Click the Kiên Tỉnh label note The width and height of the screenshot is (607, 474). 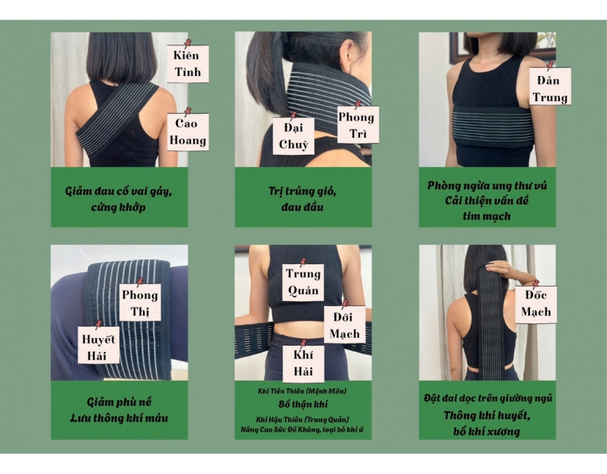click(x=188, y=64)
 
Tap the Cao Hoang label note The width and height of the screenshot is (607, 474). click(x=188, y=132)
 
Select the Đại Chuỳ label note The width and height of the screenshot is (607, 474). click(x=293, y=136)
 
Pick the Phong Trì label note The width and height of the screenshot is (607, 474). click(x=358, y=125)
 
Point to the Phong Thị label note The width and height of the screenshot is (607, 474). click(x=140, y=303)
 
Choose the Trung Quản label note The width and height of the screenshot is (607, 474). click(x=303, y=282)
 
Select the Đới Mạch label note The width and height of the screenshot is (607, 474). click(x=345, y=325)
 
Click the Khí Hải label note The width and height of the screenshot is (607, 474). click(x=303, y=363)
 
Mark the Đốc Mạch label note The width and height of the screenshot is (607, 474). click(x=536, y=305)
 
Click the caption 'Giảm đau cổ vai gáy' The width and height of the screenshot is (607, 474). click(x=119, y=191)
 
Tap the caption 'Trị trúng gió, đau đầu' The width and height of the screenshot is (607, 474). click(x=303, y=199)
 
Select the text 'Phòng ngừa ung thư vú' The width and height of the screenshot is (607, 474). click(x=487, y=185)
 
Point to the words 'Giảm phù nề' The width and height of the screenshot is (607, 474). click(x=119, y=402)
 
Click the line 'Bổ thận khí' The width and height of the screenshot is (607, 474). click(x=303, y=404)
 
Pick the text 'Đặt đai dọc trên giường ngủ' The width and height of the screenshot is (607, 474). click(x=488, y=398)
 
